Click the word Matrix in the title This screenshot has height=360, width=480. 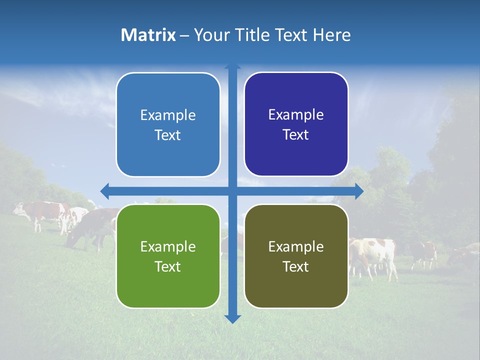pyautogui.click(x=148, y=35)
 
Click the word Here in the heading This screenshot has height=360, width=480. pyautogui.click(x=331, y=35)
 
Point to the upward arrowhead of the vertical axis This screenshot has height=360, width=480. pyautogui.click(x=232, y=66)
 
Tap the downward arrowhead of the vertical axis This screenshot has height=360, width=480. pyautogui.click(x=232, y=318)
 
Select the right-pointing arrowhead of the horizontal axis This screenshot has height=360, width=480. pyautogui.click(x=359, y=191)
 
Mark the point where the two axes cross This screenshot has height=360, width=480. pyautogui.click(x=232, y=191)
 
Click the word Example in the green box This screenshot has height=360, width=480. pyautogui.click(x=168, y=246)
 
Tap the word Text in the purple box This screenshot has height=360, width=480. pyautogui.click(x=296, y=135)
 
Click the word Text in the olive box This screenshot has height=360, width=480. pyautogui.click(x=296, y=266)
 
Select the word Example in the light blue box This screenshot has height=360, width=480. pyautogui.click(x=168, y=115)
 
